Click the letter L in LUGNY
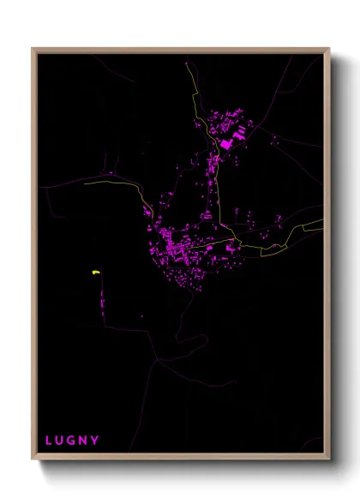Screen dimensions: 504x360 pyautogui.click(x=48, y=441)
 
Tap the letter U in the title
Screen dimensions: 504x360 pyautogui.click(x=59, y=441)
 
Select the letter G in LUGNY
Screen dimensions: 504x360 pyautogui.click(x=71, y=441)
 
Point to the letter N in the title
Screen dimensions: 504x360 pyautogui.click(x=83, y=441)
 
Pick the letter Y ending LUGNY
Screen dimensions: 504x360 pyautogui.click(x=94, y=441)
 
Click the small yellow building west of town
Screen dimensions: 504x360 pyautogui.click(x=95, y=273)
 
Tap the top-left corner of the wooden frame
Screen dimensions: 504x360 pyautogui.click(x=33, y=49)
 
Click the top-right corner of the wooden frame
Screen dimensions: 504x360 pyautogui.click(x=328, y=49)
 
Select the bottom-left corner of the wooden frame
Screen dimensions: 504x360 pyautogui.click(x=33, y=459)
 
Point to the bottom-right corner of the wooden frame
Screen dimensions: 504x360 pyautogui.click(x=328, y=459)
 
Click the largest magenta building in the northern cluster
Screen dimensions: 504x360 pyautogui.click(x=227, y=144)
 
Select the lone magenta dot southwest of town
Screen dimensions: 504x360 pyautogui.click(x=143, y=316)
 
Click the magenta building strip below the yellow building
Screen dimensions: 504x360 pyautogui.click(x=104, y=305)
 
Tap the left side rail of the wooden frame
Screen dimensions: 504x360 pyautogui.click(x=33, y=257)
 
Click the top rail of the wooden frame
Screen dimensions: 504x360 pyautogui.click(x=180, y=50)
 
